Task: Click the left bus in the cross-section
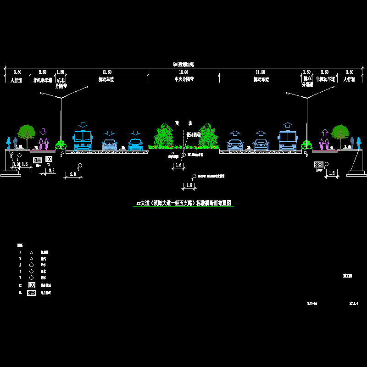pos(83,140)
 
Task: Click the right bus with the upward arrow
pos(288,140)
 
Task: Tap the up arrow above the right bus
pos(288,124)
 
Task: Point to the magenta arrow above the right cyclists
pos(324,133)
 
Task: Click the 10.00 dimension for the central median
pos(183,72)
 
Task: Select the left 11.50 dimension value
pos(106,72)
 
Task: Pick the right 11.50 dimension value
pos(260,72)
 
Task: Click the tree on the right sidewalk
pos(340,133)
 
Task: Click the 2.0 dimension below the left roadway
pos(72,174)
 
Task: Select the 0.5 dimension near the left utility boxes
pos(52,171)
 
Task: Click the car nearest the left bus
pos(109,145)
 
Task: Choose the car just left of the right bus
pos(261,145)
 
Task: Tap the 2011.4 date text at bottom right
pos(353,303)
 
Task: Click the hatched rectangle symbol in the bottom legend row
pos(32,292)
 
